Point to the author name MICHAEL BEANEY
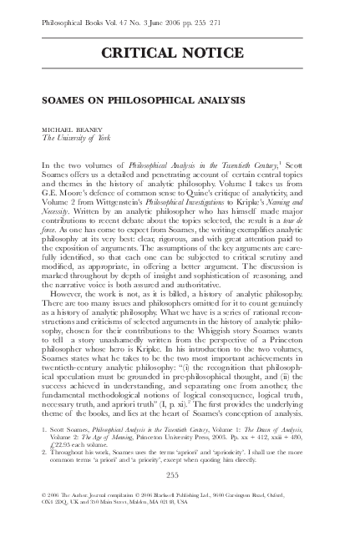(x=73, y=131)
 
